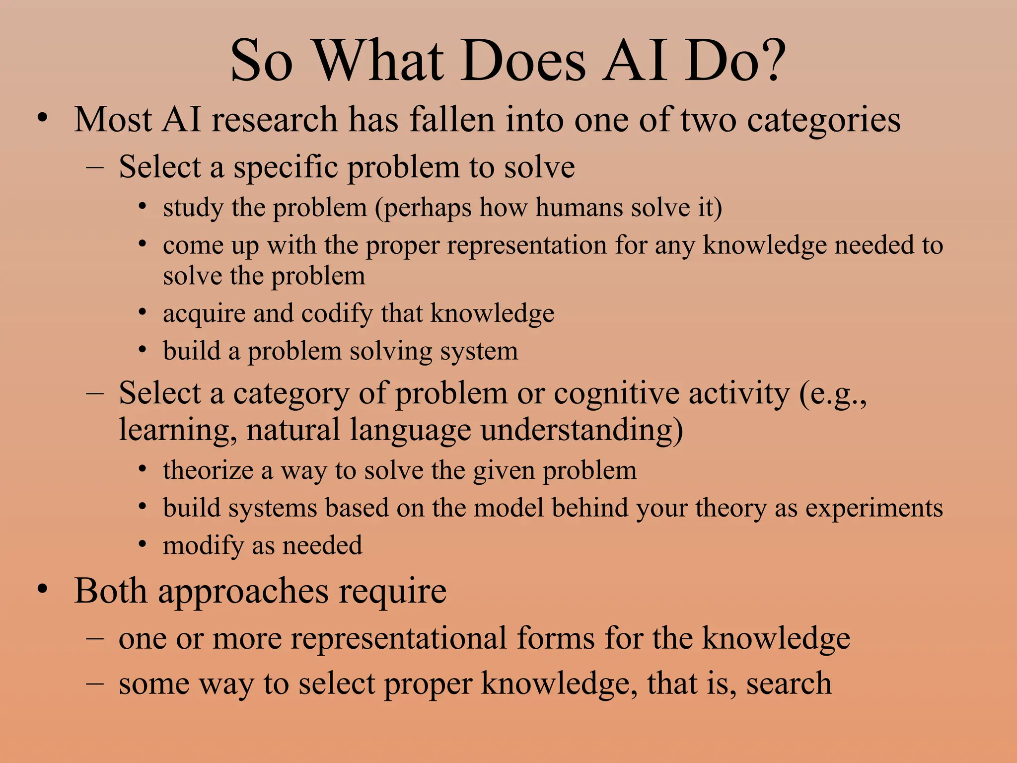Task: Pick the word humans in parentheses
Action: (579, 208)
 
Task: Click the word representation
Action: (527, 246)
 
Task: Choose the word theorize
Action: (208, 470)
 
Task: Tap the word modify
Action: (203, 546)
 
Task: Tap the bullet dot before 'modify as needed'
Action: (143, 544)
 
